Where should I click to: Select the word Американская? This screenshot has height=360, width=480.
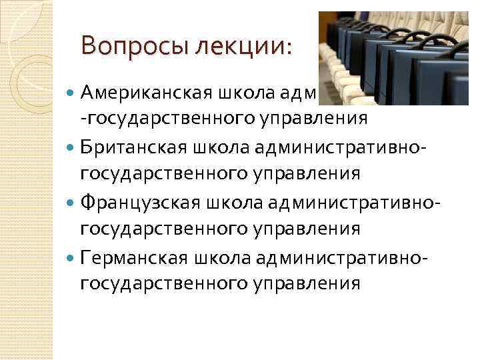point(135,91)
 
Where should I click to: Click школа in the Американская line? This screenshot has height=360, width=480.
point(228,91)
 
